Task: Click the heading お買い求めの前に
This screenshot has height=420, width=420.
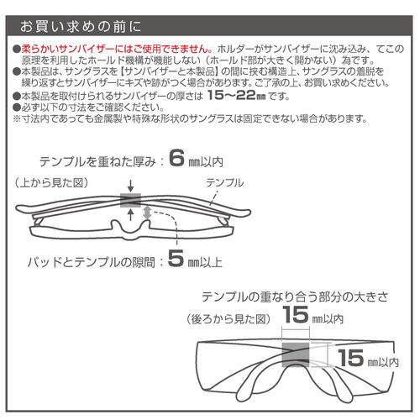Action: point(81,27)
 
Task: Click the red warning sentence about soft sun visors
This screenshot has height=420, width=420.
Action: point(117,50)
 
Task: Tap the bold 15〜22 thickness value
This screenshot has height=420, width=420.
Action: point(236,96)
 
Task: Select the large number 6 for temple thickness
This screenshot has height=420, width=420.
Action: point(176,158)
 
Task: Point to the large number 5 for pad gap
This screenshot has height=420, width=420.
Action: point(176,258)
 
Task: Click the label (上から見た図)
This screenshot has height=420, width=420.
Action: point(51,183)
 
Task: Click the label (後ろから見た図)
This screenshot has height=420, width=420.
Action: point(228,319)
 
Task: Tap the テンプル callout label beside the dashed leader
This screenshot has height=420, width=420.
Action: point(224,183)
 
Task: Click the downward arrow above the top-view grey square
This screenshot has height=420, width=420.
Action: point(130,186)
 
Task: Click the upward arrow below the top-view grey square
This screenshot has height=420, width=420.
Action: point(131,215)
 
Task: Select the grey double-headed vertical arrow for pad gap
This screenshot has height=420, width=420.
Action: point(148,213)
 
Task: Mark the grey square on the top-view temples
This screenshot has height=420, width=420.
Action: point(130,200)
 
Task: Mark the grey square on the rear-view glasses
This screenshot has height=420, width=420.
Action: point(296,354)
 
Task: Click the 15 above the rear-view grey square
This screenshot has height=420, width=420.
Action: point(295,314)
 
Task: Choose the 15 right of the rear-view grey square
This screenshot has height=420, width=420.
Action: point(350,358)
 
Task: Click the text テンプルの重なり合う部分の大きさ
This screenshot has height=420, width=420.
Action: point(295,297)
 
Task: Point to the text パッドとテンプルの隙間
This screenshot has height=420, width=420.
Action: point(91,262)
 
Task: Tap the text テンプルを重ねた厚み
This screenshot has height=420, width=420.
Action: point(97,162)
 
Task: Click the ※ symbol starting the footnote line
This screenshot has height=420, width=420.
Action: point(17,118)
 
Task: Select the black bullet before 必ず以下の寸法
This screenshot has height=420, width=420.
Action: point(17,108)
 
